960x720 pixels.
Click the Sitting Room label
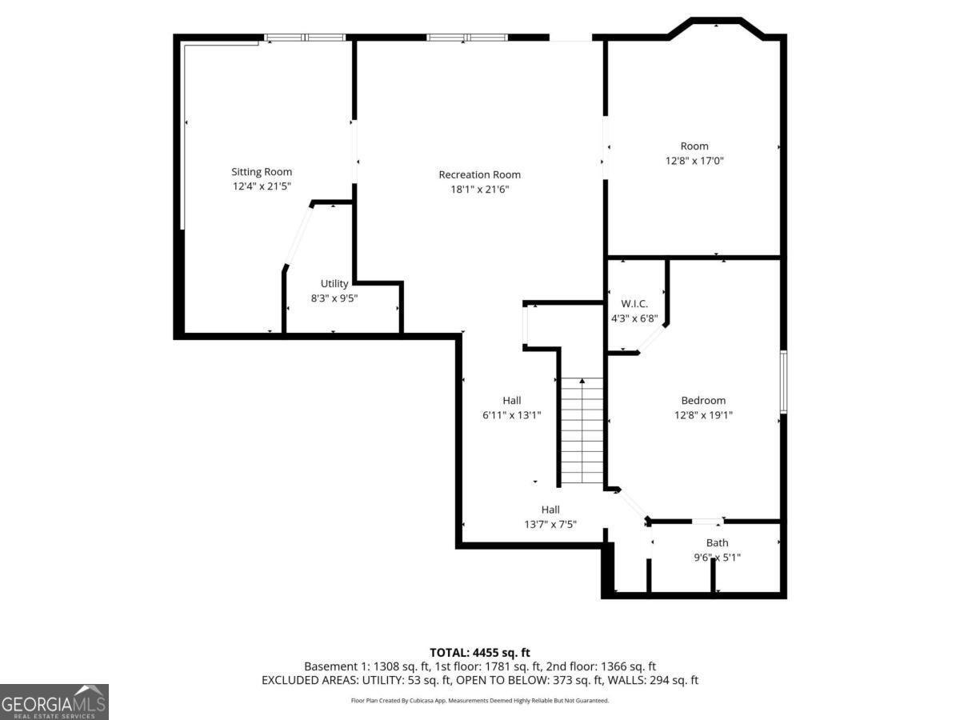click(262, 172)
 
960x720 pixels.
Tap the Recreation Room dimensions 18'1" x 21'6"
click(479, 190)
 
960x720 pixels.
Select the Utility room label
click(334, 284)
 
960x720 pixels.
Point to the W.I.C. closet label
click(634, 304)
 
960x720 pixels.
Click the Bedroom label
click(703, 401)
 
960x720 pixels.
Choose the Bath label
click(717, 543)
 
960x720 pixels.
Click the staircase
click(582, 431)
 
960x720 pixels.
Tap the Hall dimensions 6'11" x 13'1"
click(512, 415)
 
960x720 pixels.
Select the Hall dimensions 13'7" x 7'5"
click(550, 525)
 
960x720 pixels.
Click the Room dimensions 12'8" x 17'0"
click(694, 161)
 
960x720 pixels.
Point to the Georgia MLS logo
click(54, 702)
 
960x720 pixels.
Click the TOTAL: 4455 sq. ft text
click(479, 653)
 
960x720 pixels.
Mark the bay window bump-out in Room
click(716, 28)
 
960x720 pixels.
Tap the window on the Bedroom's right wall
click(784, 382)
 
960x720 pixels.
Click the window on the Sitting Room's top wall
click(305, 37)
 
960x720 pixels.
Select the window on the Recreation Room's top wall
click(466, 37)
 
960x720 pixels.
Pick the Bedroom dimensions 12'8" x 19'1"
click(703, 415)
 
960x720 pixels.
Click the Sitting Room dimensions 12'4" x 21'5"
click(262, 186)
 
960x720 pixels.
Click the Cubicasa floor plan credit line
click(479, 701)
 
